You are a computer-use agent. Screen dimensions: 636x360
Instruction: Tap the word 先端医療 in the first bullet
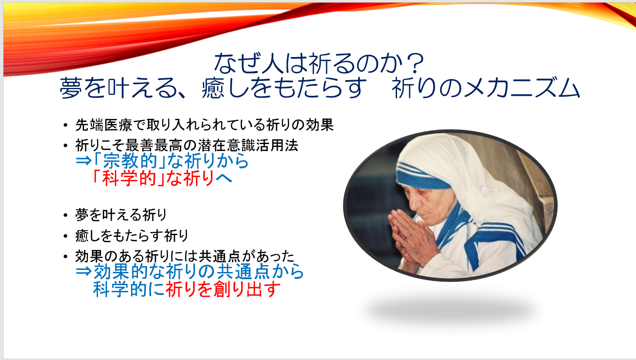pos(104,125)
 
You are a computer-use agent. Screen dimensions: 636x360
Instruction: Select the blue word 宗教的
pos(130,161)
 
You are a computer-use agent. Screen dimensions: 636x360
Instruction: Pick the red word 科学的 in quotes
pos(129,178)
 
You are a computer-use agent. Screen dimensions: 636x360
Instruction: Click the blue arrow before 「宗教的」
pos(84,161)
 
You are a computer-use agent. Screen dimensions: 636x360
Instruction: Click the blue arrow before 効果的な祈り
pos(84,272)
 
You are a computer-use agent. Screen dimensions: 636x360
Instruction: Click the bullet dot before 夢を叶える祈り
pos(66,215)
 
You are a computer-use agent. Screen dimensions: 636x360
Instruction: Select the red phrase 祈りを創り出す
pos(223,289)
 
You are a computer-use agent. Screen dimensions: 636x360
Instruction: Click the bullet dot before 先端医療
pos(66,125)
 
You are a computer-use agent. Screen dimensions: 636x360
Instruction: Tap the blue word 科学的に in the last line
pos(129,289)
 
